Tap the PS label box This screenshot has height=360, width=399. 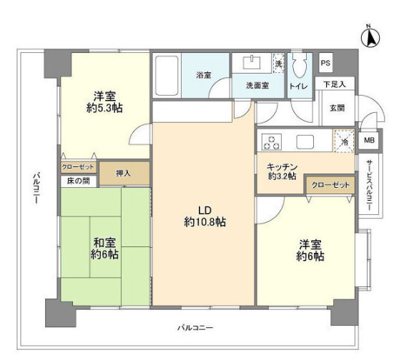(325, 64)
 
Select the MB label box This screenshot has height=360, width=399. (369, 140)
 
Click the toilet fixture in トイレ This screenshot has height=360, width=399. (299, 68)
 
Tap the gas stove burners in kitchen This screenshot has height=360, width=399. (272, 141)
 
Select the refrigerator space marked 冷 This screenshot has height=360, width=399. (344, 141)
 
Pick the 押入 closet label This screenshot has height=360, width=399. (124, 173)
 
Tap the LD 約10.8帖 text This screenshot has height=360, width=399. (205, 216)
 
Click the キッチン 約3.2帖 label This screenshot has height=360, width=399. (282, 171)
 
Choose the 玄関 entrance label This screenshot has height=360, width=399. (336, 108)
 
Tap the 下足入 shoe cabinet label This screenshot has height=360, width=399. (333, 84)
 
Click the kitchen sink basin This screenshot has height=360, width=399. (307, 141)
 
